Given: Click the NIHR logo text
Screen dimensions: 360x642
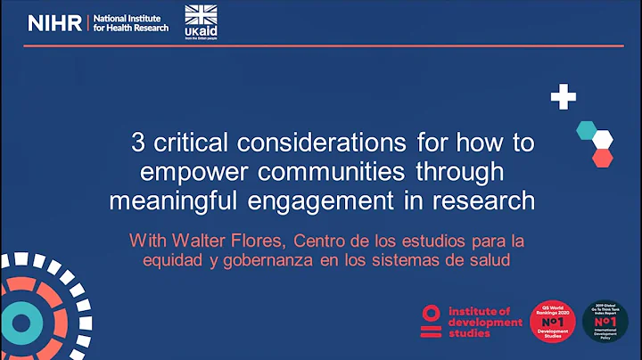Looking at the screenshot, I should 54,23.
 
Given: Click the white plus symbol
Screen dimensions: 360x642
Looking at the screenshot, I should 563,97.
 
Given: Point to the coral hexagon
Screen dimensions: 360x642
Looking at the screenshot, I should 603,158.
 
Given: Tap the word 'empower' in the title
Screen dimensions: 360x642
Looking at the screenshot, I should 183,170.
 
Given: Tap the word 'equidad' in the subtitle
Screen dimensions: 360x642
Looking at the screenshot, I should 172,260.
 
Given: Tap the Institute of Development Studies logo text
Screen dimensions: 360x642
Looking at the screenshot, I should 483,322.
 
